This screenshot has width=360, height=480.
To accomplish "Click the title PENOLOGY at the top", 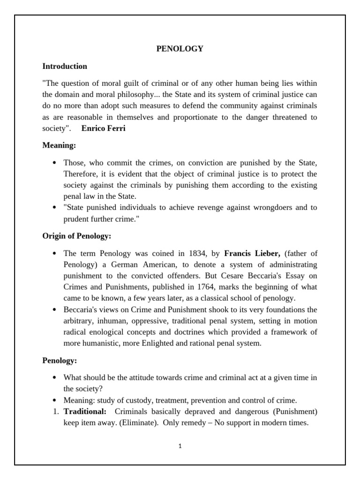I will tap(180, 49).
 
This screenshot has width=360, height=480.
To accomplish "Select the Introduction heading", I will tap(65, 66).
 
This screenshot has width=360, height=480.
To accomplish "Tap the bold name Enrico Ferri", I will tap(103, 128).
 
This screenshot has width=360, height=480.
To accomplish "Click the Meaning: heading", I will tap(59, 145).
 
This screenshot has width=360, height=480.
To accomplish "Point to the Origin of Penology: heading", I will tap(76, 236).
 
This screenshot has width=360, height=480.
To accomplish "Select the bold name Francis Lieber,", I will tap(252, 254).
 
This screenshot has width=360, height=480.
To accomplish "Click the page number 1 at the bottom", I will tap(180, 446).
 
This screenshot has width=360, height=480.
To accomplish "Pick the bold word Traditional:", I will tap(85, 412).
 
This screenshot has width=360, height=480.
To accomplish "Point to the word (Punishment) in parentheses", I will tap(295, 412).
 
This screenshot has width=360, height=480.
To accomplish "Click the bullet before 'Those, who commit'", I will tap(55, 163).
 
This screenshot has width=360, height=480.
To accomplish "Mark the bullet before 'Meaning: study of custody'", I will tap(55, 400).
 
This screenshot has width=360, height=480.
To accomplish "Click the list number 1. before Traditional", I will tap(55, 412).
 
